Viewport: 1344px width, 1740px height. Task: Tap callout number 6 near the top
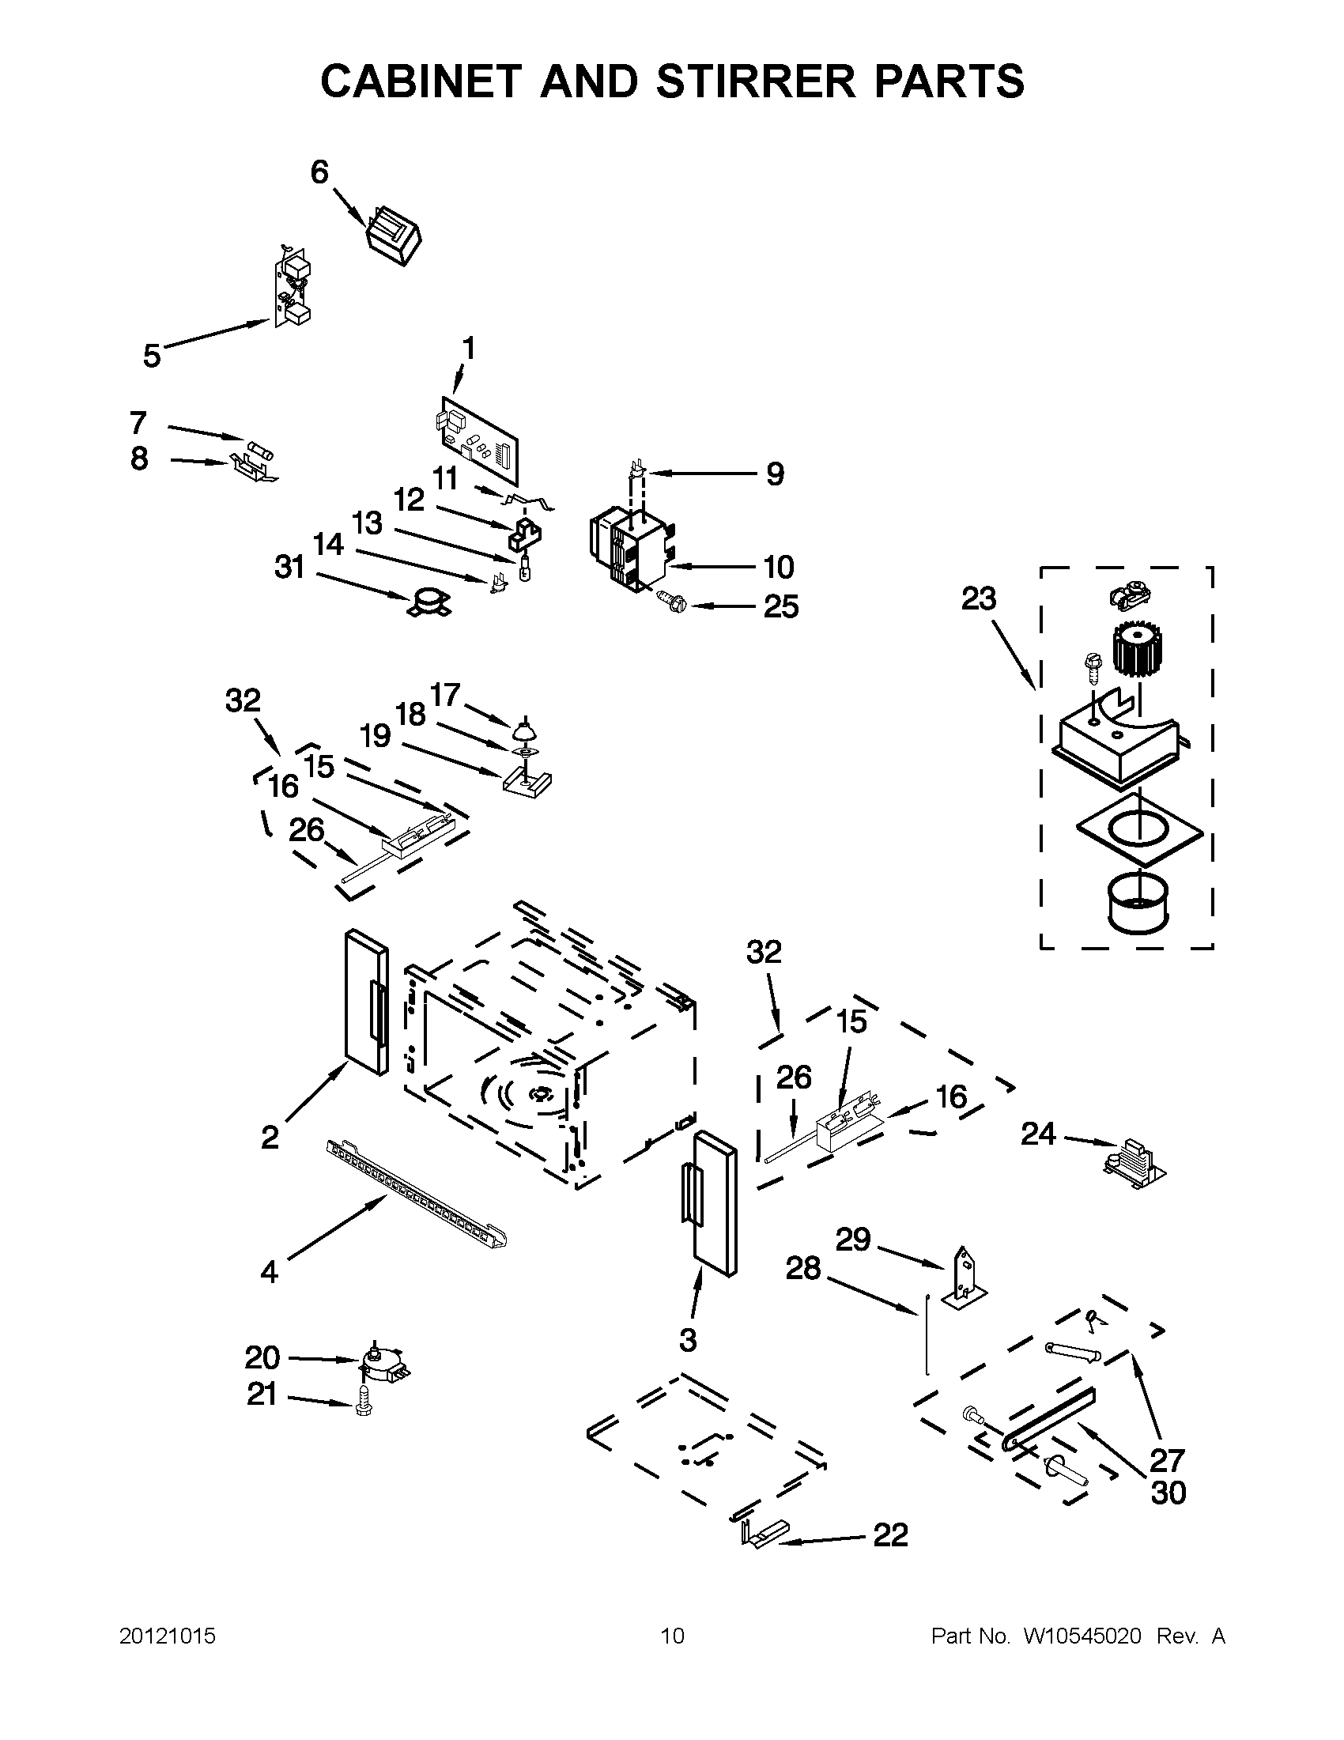319,172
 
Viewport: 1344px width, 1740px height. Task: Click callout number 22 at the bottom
890,1534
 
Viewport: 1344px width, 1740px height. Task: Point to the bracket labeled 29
965,1278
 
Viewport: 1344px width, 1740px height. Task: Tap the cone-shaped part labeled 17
522,730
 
